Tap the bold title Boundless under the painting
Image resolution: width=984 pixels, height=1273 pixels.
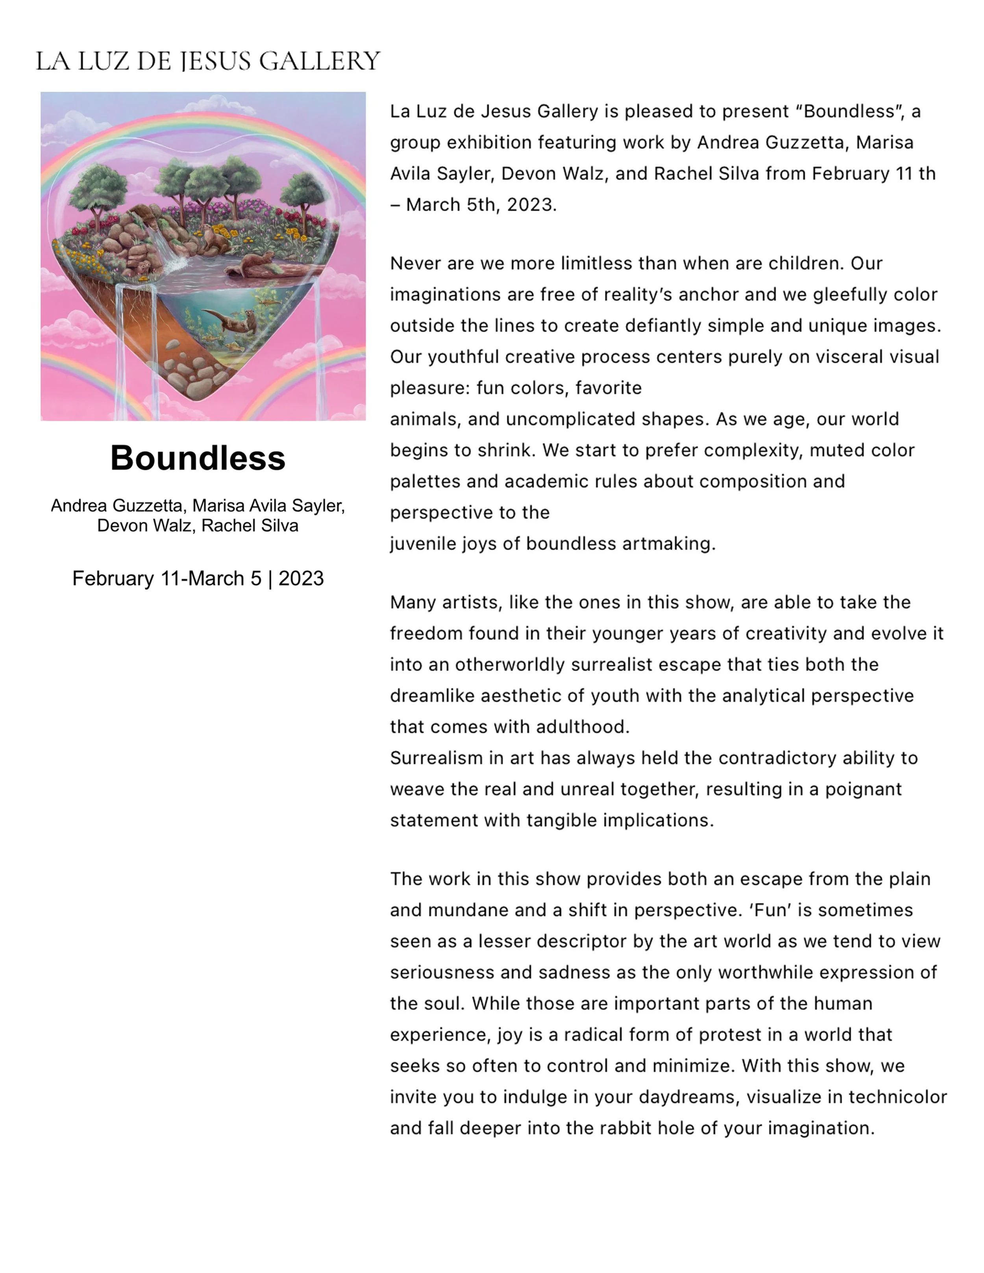click(x=198, y=458)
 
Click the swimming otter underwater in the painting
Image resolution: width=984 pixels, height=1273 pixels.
click(x=233, y=321)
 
